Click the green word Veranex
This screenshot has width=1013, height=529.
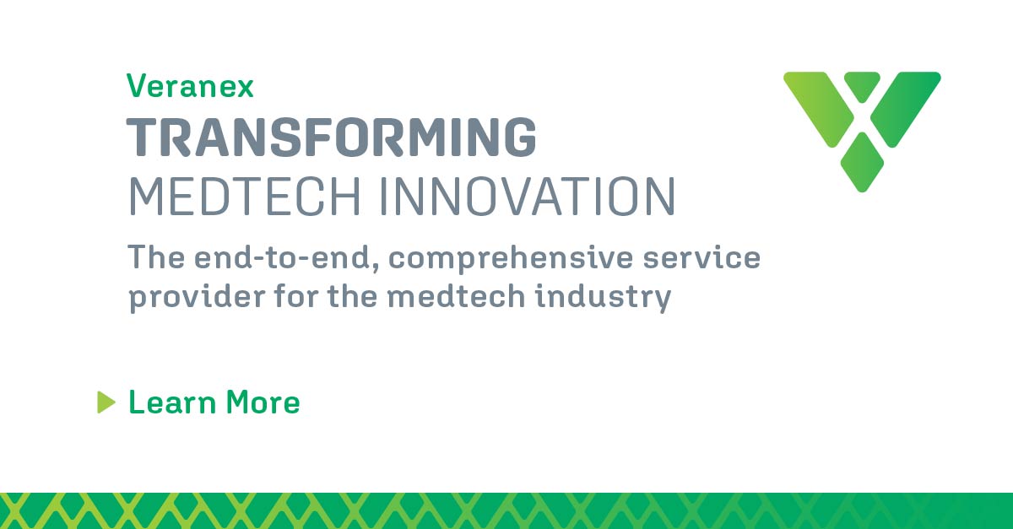click(x=190, y=86)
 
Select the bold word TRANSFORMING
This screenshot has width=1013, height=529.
click(x=331, y=138)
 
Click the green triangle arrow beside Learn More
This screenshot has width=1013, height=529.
click(x=106, y=402)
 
